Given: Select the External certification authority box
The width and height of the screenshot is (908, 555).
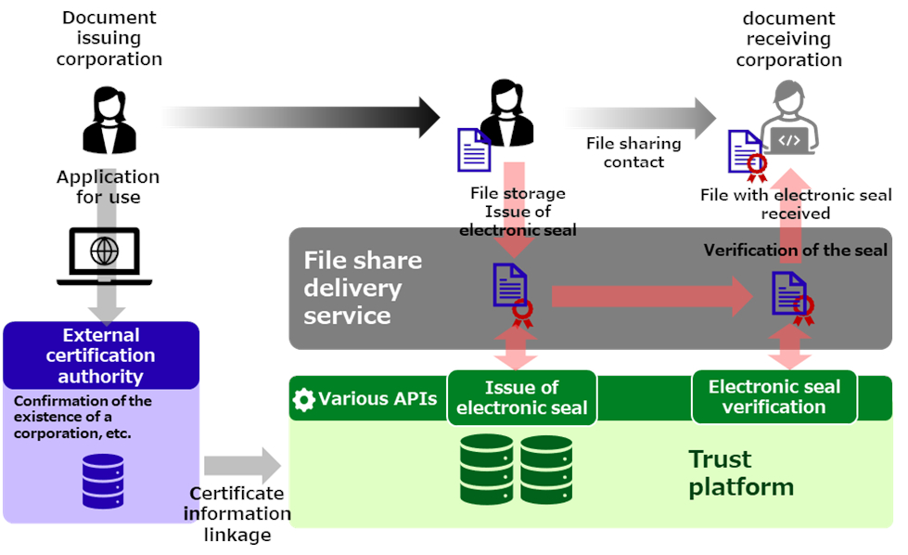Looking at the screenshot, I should point(101,355).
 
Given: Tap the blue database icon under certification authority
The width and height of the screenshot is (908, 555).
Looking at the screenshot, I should point(102,480).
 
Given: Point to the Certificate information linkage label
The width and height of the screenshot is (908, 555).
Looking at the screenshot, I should point(239,514).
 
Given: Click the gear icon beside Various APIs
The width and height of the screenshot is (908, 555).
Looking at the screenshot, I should point(303,400).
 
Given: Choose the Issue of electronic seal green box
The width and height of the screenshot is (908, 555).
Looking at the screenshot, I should point(521,398).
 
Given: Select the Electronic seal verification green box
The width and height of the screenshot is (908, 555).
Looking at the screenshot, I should point(774,397).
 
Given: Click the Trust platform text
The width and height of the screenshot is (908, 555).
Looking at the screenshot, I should point(740,472).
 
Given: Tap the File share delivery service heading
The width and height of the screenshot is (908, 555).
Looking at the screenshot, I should point(363,288).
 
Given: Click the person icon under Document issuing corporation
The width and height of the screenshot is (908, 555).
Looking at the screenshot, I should point(109,121).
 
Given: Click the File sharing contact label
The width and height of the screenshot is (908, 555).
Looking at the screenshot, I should point(633,153).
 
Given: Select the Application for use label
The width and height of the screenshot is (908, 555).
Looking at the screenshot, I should point(109,187).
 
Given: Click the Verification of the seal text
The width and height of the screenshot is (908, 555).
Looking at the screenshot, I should point(795,251).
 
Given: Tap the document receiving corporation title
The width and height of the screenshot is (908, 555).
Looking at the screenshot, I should point(788,39).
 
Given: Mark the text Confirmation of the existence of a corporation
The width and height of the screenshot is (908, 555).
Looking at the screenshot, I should point(83,417).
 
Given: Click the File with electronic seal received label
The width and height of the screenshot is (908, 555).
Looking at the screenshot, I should point(795,204).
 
